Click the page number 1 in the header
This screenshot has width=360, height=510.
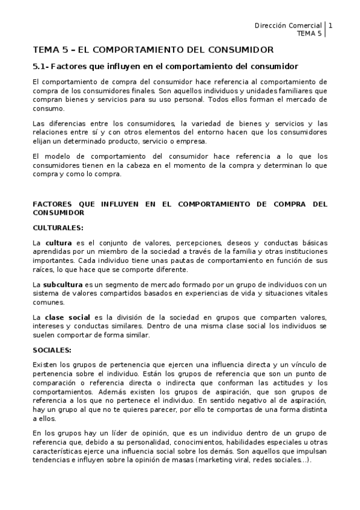tap(331, 25)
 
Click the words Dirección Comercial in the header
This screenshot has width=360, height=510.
tap(288, 25)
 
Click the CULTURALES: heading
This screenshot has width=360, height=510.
tap(58, 227)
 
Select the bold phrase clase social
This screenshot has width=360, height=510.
tap(67, 317)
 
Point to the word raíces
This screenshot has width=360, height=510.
tap(43, 269)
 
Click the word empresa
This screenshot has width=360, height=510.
tap(191, 141)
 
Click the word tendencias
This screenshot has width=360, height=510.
tap(53, 460)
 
